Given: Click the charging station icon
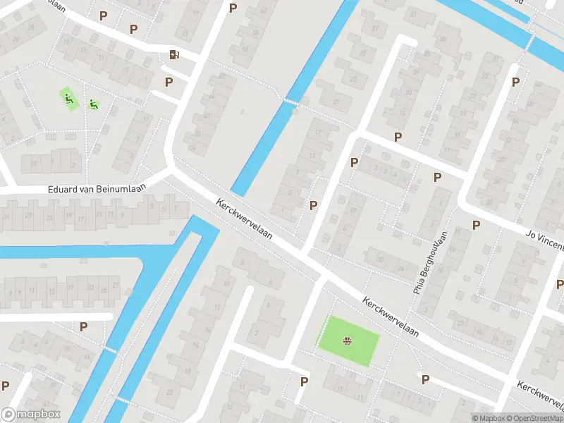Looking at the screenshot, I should point(173,55).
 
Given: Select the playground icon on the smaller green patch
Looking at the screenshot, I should point(93,105).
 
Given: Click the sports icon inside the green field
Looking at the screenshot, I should point(347,342).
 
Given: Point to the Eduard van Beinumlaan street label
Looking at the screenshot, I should point(82,189).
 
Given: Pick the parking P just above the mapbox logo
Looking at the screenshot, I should point(6,386).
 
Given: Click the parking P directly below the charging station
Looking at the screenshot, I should point(168,82).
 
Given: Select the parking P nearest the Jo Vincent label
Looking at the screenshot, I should point(476,225).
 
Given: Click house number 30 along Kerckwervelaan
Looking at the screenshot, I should point(380,259).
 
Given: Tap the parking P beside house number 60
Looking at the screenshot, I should point(233,8).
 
